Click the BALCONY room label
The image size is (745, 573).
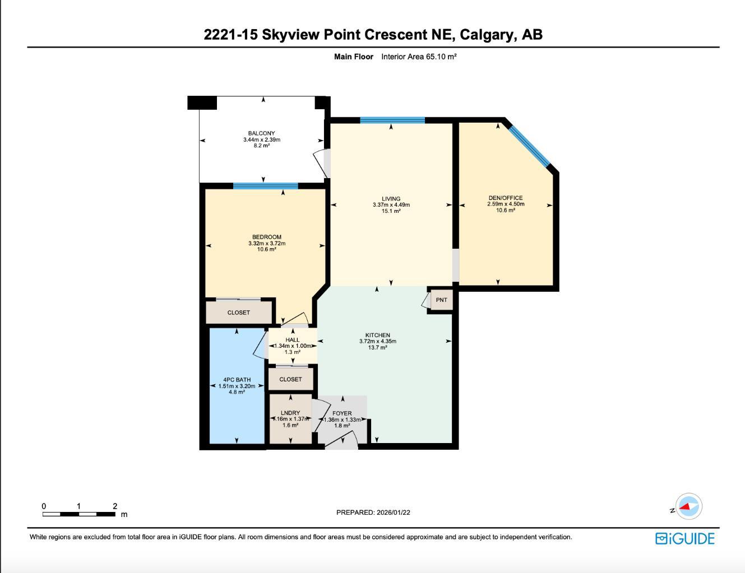point(261,133)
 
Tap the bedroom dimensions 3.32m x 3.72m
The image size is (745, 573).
point(267,244)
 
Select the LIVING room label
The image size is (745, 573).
point(391,198)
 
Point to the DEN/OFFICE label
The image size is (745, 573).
point(505,198)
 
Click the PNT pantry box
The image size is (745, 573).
point(441,300)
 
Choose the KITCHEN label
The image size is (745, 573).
point(377,335)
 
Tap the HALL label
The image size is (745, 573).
point(292,339)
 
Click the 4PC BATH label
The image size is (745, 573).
point(237,380)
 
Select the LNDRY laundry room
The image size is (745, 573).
point(290,419)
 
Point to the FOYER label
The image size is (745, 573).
point(342,413)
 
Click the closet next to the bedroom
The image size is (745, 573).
point(239,313)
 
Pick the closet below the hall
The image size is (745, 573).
point(290,379)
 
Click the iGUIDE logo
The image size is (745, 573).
point(684,538)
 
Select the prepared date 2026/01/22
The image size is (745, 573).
point(373,512)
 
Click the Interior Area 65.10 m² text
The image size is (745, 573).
point(419,57)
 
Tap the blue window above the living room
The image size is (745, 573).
point(392,120)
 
